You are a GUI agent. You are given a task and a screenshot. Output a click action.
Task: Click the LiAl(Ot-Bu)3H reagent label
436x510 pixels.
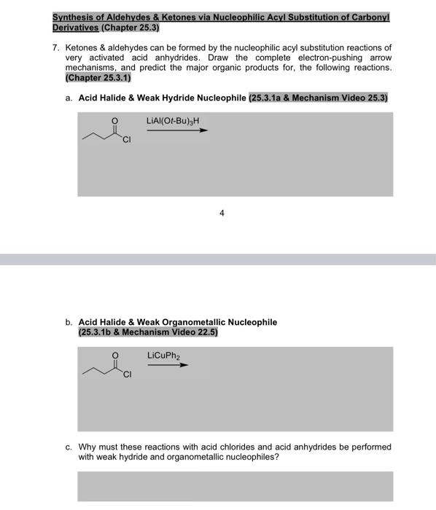point(172,120)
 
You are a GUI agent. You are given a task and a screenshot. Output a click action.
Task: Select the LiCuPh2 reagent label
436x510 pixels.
point(163,356)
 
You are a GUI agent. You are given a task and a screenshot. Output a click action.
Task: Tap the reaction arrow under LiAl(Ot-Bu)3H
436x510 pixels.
point(177,131)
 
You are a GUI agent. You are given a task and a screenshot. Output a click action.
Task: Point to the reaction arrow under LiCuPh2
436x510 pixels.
point(167,365)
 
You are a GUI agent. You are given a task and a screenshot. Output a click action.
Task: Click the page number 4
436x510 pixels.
point(222,213)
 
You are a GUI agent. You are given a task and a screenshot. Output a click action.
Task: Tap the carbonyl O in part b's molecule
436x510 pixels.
point(114,355)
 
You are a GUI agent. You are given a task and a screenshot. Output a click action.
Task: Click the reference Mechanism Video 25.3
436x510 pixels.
point(344,96)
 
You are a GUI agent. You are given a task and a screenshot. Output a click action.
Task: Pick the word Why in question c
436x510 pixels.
point(88,447)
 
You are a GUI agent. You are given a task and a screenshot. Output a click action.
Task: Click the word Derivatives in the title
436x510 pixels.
point(75,27)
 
